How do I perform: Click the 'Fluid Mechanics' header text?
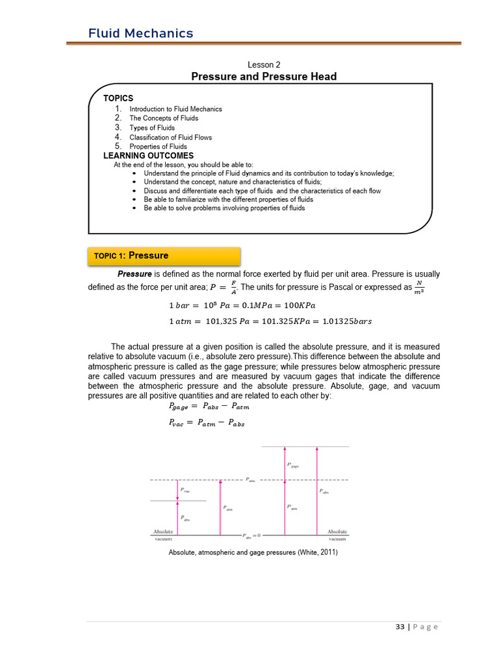click(141, 33)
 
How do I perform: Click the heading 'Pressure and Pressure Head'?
click(264, 77)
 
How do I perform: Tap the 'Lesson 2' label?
click(264, 65)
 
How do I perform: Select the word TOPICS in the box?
click(118, 98)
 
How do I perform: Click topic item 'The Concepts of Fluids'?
click(164, 118)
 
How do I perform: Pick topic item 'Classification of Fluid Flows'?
click(170, 137)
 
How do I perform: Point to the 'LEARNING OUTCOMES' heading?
click(149, 156)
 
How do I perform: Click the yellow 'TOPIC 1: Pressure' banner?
click(164, 256)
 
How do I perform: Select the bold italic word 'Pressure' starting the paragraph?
click(134, 274)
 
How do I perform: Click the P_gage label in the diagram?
click(293, 465)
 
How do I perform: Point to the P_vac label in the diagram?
click(186, 491)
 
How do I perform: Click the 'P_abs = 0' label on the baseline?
click(251, 536)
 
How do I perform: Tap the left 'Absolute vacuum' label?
click(163, 534)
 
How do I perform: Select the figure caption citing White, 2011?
click(253, 553)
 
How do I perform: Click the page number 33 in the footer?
click(400, 627)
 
